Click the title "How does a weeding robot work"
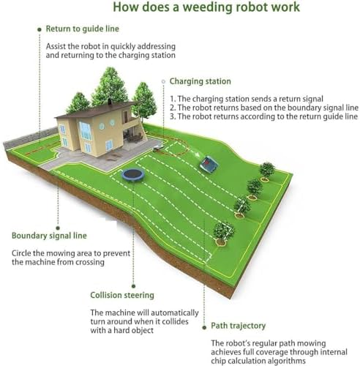click(206, 7)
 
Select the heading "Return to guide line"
click(83, 29)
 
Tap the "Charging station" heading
click(200, 81)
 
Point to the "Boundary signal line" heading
click(49, 236)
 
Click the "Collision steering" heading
click(122, 295)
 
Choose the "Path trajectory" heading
click(239, 326)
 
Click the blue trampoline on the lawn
click(134, 175)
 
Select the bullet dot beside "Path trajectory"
click(204, 327)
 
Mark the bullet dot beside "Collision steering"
click(133, 286)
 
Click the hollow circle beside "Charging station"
click(163, 81)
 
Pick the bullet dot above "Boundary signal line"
click(58, 228)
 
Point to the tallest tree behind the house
click(109, 86)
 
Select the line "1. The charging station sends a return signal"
click(247, 99)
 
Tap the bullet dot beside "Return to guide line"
click(40, 29)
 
